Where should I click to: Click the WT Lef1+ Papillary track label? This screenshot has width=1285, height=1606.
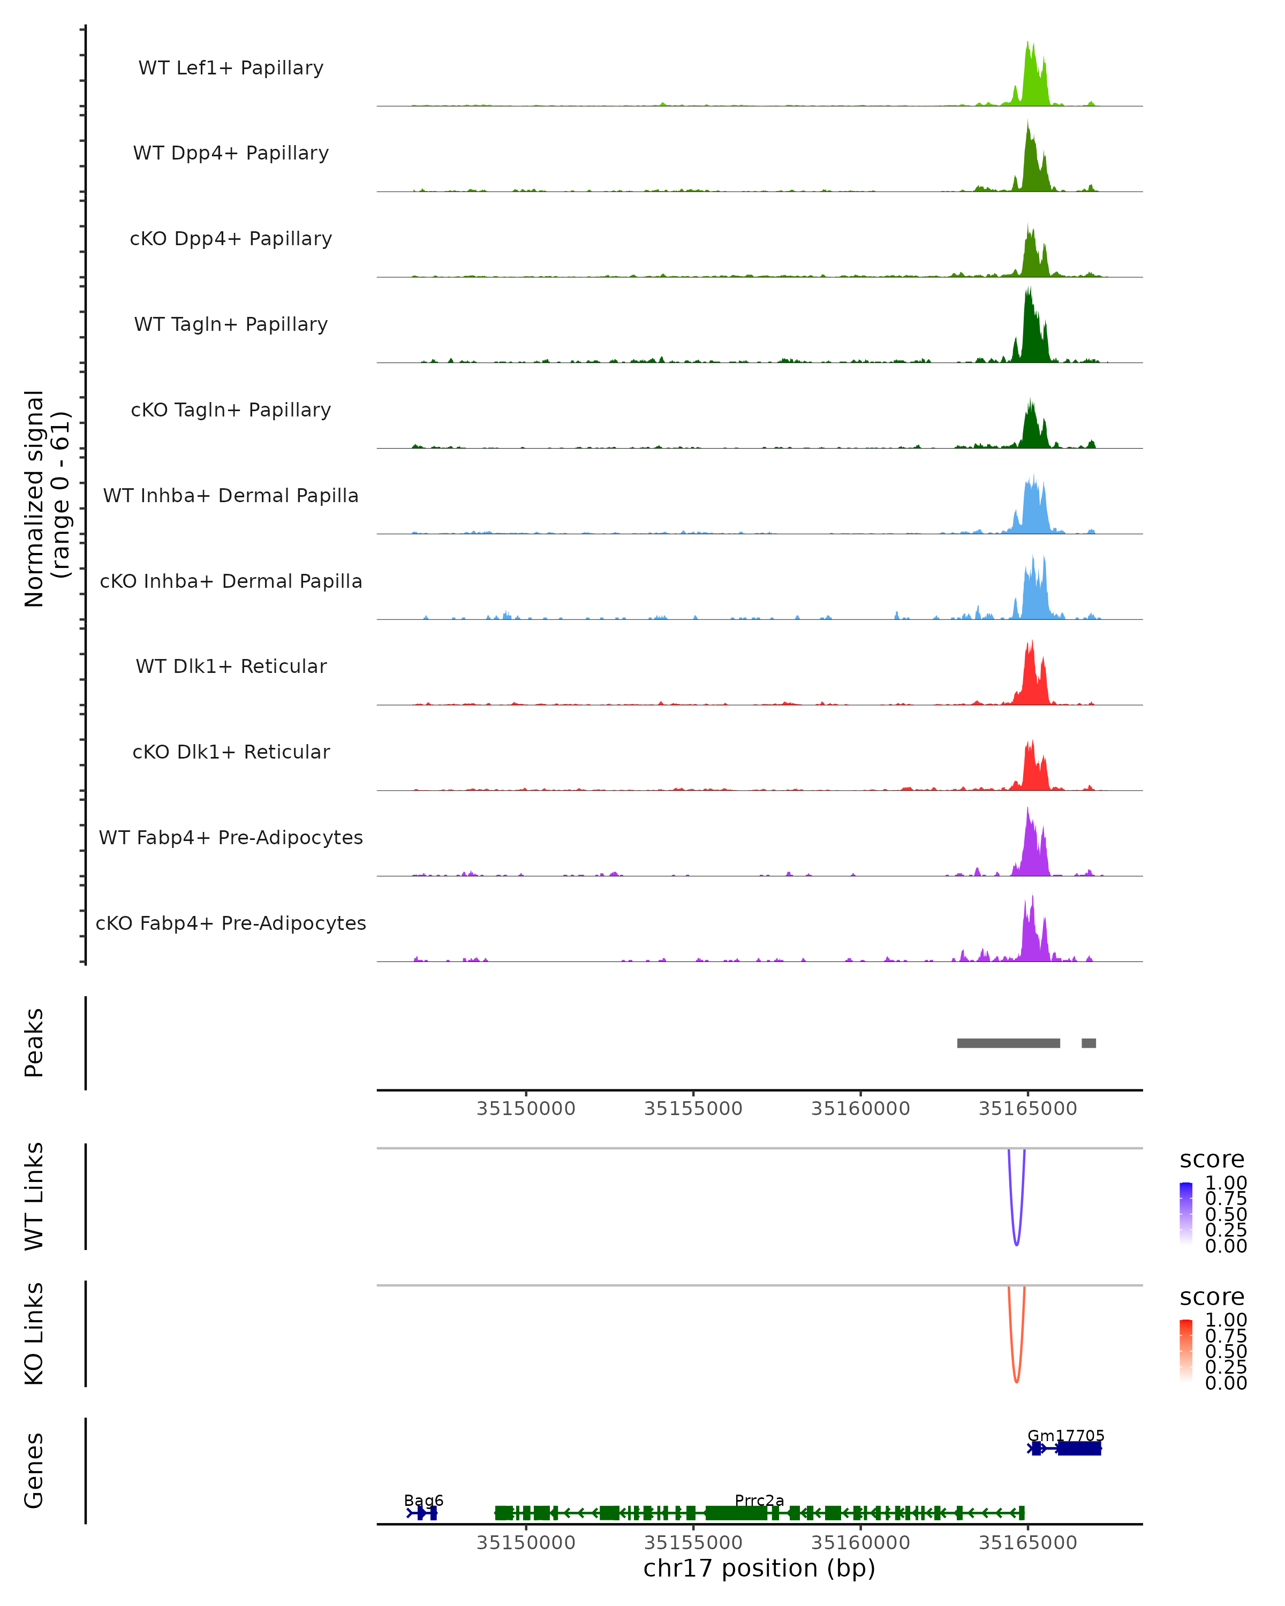(231, 68)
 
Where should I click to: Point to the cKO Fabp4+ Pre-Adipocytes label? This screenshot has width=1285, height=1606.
(231, 923)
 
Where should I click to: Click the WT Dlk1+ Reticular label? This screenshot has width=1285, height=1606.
(231, 666)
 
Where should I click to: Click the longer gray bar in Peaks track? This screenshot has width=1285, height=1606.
(1008, 1043)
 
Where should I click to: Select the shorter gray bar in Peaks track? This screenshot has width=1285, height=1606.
(1089, 1043)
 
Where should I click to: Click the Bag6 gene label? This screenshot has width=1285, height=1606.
(423, 1500)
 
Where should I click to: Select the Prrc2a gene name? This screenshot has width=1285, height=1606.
(759, 1500)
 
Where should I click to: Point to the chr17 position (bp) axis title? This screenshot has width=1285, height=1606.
(759, 1569)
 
